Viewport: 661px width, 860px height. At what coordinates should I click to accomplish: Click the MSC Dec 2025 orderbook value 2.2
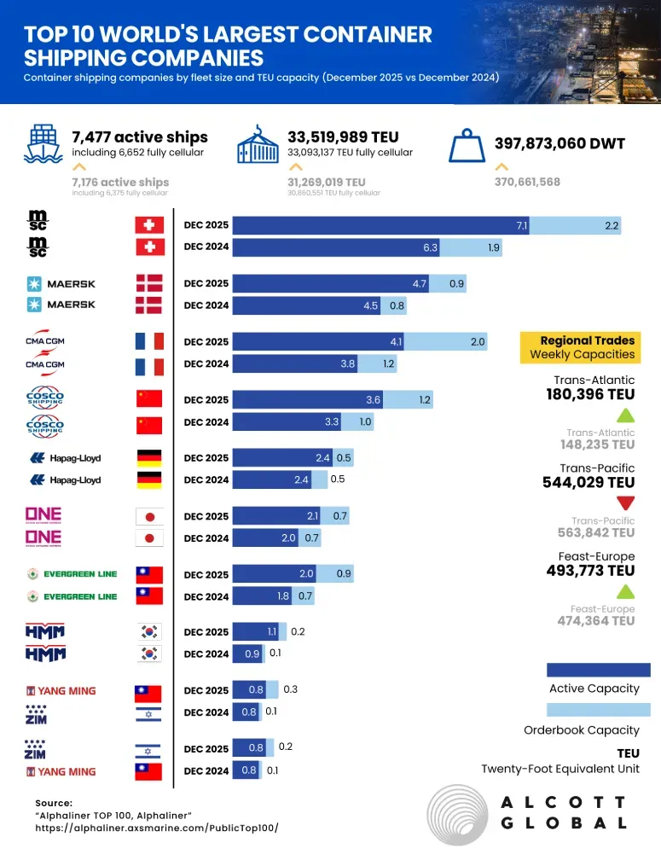(611, 225)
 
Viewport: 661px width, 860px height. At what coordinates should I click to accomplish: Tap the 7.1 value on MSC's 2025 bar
(522, 225)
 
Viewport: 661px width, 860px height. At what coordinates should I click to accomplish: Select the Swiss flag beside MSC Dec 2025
(149, 225)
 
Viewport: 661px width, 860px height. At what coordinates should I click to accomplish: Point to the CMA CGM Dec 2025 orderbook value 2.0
(478, 342)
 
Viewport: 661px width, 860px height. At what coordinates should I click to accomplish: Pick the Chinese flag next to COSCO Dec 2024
(149, 425)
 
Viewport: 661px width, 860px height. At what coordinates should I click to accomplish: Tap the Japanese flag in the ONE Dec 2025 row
(149, 516)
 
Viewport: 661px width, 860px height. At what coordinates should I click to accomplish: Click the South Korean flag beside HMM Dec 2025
(149, 632)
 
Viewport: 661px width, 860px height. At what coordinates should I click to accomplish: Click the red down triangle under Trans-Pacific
(625, 502)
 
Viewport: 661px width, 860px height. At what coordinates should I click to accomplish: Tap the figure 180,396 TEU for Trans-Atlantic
(590, 394)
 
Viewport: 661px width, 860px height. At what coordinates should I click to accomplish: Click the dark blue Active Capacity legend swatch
(597, 670)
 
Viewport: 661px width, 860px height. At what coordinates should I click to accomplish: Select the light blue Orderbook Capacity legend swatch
(597, 710)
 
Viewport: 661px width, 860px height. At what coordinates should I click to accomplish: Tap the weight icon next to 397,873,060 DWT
(467, 145)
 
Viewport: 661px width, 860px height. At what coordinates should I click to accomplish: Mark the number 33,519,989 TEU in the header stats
(343, 137)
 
